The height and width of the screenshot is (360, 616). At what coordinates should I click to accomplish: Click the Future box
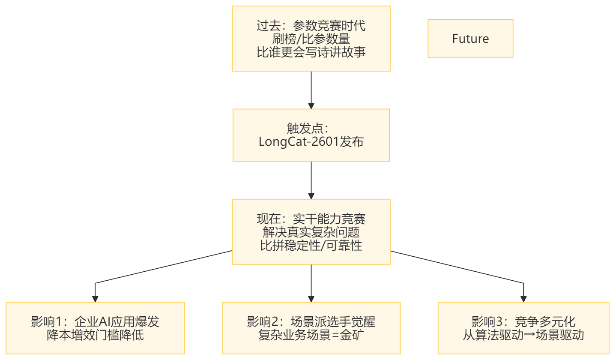pyautogui.click(x=470, y=39)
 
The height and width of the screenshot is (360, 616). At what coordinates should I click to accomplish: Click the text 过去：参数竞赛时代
pyautogui.click(x=311, y=26)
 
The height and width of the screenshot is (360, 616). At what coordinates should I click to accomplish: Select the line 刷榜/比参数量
pyautogui.click(x=311, y=39)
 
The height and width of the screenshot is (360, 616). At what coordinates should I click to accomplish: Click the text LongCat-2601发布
pyautogui.click(x=311, y=141)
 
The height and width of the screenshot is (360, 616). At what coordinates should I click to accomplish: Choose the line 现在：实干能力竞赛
pyautogui.click(x=311, y=219)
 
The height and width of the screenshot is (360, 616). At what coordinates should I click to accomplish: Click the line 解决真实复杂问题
pyautogui.click(x=311, y=232)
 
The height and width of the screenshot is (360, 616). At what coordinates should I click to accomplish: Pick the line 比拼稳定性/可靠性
pyautogui.click(x=311, y=245)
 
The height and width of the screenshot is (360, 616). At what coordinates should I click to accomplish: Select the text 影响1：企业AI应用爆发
pyautogui.click(x=95, y=321)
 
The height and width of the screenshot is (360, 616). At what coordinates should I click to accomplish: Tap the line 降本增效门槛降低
pyautogui.click(x=95, y=335)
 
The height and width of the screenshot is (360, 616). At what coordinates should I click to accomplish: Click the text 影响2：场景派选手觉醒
pyautogui.click(x=311, y=321)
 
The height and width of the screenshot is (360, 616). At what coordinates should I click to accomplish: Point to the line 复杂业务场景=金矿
pyautogui.click(x=311, y=335)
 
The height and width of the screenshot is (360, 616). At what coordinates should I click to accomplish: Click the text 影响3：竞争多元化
pyautogui.click(x=523, y=321)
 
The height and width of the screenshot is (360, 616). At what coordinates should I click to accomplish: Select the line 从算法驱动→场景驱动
pyautogui.click(x=523, y=335)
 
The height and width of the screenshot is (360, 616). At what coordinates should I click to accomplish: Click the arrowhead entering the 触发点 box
pyautogui.click(x=311, y=105)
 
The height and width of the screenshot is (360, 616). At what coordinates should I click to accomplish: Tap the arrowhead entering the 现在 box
pyautogui.click(x=311, y=195)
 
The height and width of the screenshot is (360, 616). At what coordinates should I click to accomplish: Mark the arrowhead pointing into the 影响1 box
pyautogui.click(x=95, y=299)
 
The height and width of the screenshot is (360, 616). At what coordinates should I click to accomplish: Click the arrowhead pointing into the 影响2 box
pyautogui.click(x=311, y=299)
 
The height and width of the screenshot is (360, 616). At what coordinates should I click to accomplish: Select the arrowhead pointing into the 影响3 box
pyautogui.click(x=523, y=299)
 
